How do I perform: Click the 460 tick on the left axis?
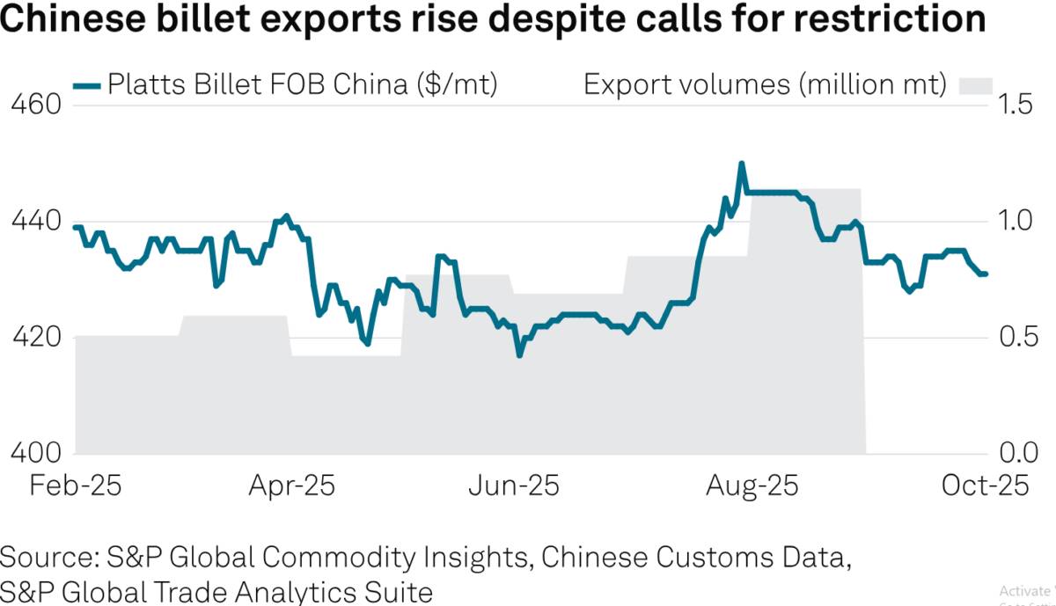(33, 106)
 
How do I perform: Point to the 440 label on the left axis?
(33, 222)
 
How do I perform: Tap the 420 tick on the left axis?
(33, 338)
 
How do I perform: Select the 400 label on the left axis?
(33, 454)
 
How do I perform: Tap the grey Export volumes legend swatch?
(974, 85)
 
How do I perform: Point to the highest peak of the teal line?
(742, 164)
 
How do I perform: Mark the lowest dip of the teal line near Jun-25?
(519, 355)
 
